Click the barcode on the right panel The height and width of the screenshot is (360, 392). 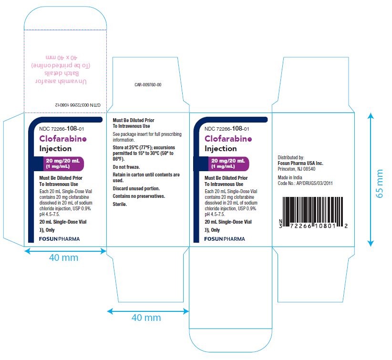[x=313, y=213]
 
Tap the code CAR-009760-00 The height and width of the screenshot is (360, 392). [x=148, y=85]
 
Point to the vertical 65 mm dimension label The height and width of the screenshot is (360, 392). [x=379, y=184]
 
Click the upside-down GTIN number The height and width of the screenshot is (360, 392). [x=78, y=105]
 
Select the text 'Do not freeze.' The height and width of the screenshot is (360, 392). [x=126, y=167]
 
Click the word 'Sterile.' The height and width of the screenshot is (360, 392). [x=120, y=204]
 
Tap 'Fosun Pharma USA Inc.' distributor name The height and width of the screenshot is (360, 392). [x=300, y=163]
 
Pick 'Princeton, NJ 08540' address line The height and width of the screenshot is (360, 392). [x=297, y=169]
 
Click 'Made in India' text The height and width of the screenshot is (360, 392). [x=290, y=177]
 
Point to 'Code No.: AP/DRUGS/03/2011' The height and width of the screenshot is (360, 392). [x=305, y=183]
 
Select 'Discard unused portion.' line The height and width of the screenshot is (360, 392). [x=136, y=188]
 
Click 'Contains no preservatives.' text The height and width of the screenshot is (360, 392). [x=139, y=196]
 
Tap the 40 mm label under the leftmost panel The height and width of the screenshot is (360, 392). [x=63, y=257]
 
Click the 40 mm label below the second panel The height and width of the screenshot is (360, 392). [x=146, y=318]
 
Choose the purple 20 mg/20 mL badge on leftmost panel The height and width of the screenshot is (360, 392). [x=63, y=164]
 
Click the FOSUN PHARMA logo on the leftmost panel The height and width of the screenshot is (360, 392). [x=59, y=239]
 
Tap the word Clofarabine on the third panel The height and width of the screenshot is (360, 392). [x=228, y=138]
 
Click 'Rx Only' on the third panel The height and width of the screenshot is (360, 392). [x=212, y=230]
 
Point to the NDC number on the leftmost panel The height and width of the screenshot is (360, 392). [x=62, y=129]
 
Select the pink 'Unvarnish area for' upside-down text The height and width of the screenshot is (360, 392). [x=61, y=82]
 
